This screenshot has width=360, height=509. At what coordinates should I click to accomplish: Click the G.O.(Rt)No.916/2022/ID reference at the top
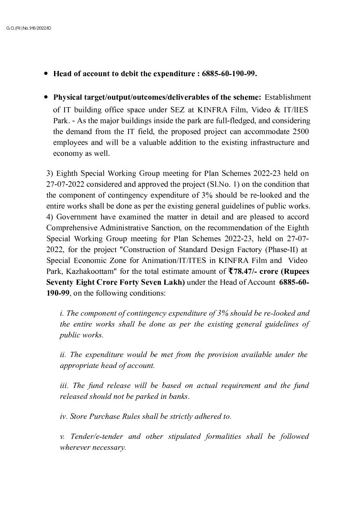[29, 28]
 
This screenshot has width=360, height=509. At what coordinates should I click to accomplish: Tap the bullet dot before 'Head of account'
[46, 74]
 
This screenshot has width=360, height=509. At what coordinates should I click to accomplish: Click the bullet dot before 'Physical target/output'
[46, 97]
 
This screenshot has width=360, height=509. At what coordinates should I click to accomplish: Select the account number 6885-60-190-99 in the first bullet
[229, 74]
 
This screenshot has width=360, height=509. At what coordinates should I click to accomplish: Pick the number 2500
[301, 131]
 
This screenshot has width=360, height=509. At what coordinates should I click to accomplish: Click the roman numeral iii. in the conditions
[64, 385]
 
